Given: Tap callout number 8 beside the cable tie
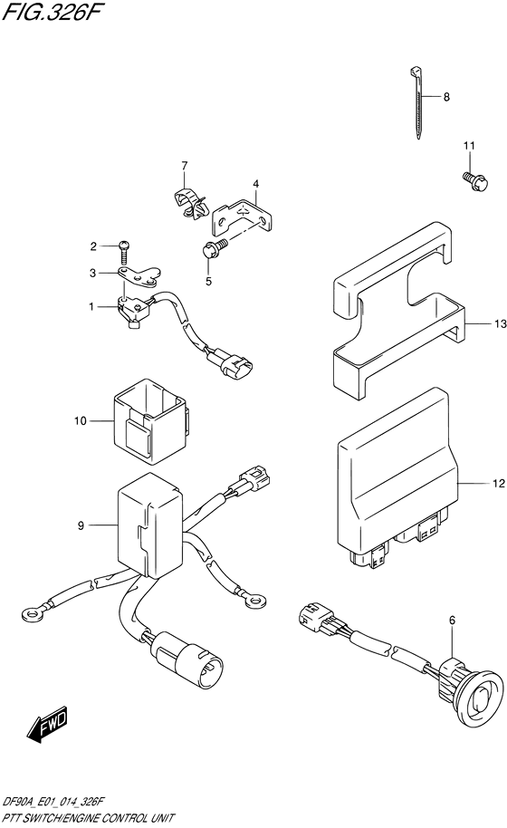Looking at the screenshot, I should (x=446, y=98).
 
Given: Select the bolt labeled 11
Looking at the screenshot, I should (x=471, y=181).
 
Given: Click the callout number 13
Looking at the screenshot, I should (x=498, y=323).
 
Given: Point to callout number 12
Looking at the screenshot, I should (x=498, y=486).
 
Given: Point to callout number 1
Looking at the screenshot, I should (x=92, y=308).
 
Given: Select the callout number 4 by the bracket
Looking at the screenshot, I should (x=256, y=183).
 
